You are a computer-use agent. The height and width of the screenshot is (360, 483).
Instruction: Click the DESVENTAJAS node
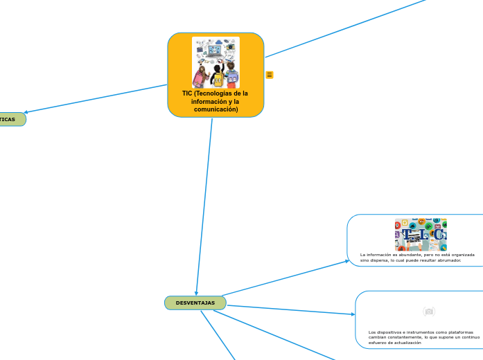click(x=195, y=303)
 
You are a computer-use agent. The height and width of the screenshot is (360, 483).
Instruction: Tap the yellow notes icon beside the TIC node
click(x=270, y=75)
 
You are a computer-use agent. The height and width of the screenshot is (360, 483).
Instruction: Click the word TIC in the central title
click(x=187, y=93)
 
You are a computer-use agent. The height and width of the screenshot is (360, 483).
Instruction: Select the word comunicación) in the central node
click(x=216, y=109)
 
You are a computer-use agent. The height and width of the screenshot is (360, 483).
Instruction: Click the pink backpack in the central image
click(x=203, y=73)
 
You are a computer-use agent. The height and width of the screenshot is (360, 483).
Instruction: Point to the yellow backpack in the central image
click(x=218, y=78)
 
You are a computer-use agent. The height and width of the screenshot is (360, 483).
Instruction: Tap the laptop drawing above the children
click(x=216, y=52)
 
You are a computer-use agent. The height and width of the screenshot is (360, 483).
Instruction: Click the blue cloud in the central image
click(x=218, y=42)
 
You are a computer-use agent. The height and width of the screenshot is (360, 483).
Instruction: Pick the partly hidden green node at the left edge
click(x=10, y=119)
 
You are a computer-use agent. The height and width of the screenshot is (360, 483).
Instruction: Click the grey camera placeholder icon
click(x=429, y=312)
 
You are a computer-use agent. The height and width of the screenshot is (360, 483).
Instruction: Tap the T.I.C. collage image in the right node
click(x=421, y=235)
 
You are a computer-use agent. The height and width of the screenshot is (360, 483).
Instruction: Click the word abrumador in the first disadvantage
click(x=446, y=260)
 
